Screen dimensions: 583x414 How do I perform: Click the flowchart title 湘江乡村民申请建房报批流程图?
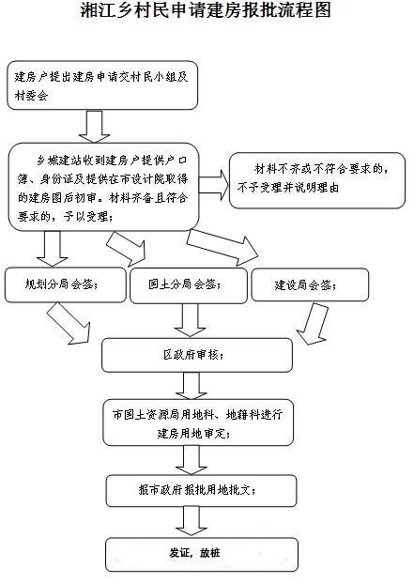206,12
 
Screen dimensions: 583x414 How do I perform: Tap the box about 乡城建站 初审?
104,185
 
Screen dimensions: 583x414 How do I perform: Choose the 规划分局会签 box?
64,284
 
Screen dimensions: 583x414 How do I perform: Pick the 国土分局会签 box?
186,284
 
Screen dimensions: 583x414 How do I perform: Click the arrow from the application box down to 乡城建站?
97,125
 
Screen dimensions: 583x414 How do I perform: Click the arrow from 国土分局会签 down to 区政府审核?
190,319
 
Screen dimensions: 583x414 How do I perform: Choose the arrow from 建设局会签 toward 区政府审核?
309,325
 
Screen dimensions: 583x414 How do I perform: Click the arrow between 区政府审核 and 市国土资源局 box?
192,385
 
